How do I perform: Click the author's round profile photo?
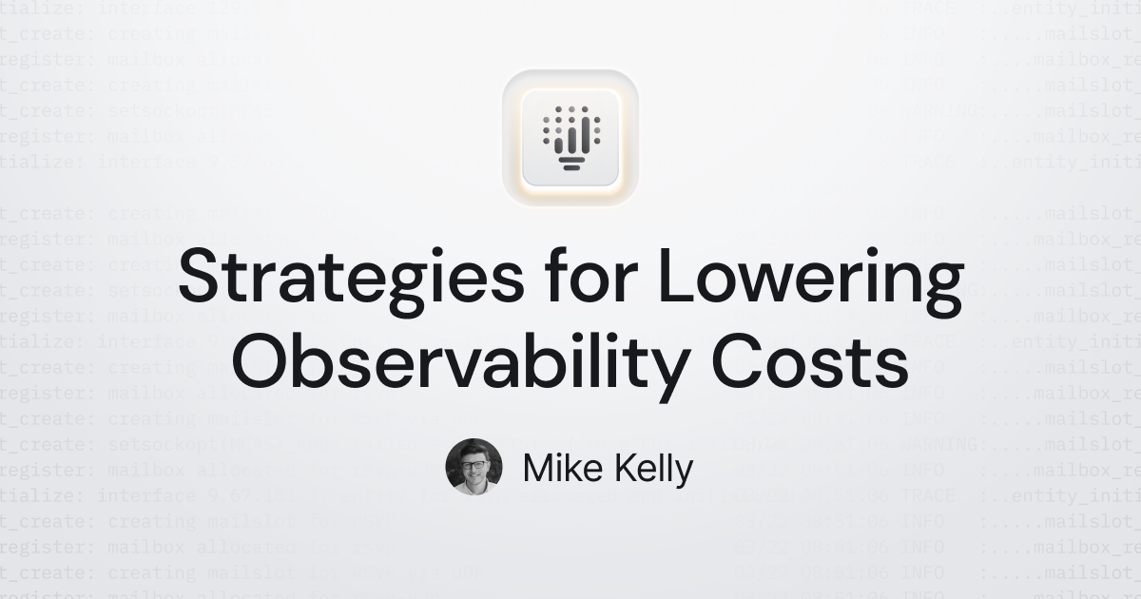point(474,467)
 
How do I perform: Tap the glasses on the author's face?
point(474,465)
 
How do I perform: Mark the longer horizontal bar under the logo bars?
point(570,159)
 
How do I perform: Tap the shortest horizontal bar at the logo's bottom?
point(570,167)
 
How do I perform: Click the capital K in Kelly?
point(621,468)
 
